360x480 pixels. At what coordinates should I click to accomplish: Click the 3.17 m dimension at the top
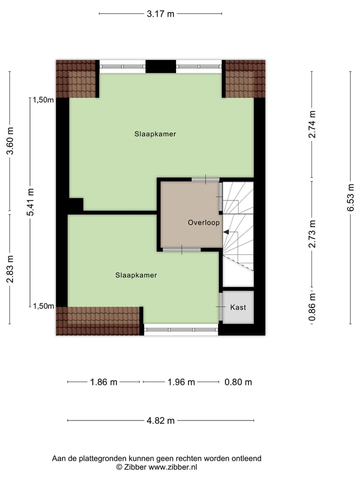pos(160,14)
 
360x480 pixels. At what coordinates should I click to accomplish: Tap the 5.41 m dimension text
pos(30,202)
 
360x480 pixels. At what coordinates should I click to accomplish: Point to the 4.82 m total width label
pos(160,420)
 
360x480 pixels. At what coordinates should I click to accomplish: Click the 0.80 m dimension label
pos(238,382)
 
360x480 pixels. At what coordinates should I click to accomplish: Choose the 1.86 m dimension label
pos(103,382)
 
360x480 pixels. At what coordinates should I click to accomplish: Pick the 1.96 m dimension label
pos(181,382)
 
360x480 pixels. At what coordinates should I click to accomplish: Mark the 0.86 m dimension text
pos(312,305)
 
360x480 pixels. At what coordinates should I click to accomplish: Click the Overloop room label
pos(203,222)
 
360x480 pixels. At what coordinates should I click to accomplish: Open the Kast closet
pos(238,307)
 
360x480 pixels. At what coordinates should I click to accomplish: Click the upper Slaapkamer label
pos(155,134)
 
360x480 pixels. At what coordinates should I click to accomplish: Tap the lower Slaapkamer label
pos(136,275)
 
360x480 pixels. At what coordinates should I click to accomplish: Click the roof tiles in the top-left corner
pos(75,79)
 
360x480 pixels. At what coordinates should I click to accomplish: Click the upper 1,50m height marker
pos(43,99)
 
